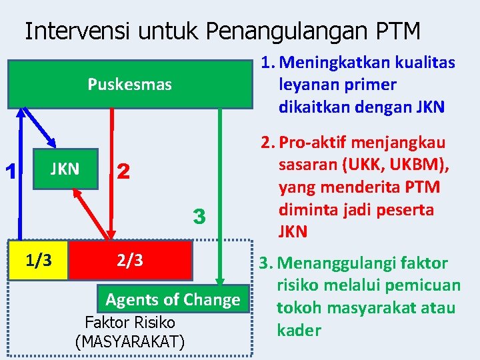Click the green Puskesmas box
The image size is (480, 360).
coord(130,85)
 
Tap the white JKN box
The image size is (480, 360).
coord(65,169)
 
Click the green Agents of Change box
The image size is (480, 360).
coord(173,299)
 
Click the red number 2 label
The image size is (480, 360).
coord(123,172)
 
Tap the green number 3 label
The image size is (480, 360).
coord(198,217)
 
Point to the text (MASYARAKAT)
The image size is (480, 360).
coord(130,342)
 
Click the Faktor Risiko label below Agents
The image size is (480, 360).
coord(130,323)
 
